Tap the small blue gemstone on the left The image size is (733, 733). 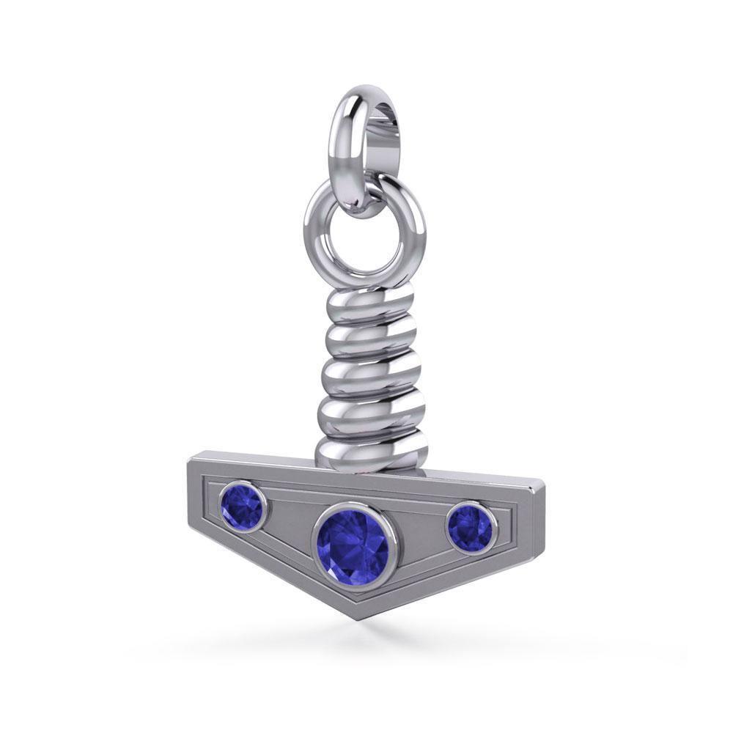(x=242, y=507)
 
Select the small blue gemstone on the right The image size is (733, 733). (x=471, y=526)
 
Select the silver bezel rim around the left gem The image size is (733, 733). (x=219, y=506)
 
